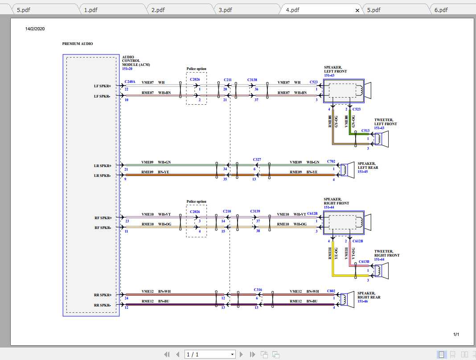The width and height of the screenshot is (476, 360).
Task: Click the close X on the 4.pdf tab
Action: click(x=357, y=10)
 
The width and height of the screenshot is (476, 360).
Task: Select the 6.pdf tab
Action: click(x=441, y=10)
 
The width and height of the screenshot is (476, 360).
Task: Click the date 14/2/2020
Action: click(x=35, y=29)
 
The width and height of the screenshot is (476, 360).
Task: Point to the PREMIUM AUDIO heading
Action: click(x=78, y=44)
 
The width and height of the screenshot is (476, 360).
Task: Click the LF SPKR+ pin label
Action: click(x=103, y=86)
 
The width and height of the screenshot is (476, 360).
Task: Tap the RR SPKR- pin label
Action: click(x=103, y=305)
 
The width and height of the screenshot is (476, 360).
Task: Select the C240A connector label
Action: click(x=130, y=82)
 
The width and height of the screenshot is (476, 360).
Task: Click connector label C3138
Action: click(x=252, y=80)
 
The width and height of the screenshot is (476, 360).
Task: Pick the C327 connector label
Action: click(x=257, y=159)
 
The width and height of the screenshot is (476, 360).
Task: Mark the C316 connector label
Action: click(x=258, y=290)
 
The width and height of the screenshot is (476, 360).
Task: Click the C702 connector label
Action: click(x=331, y=161)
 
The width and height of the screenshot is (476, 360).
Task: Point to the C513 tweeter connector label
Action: click(x=365, y=131)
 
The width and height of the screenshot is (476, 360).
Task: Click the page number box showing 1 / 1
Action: click(x=210, y=354)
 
